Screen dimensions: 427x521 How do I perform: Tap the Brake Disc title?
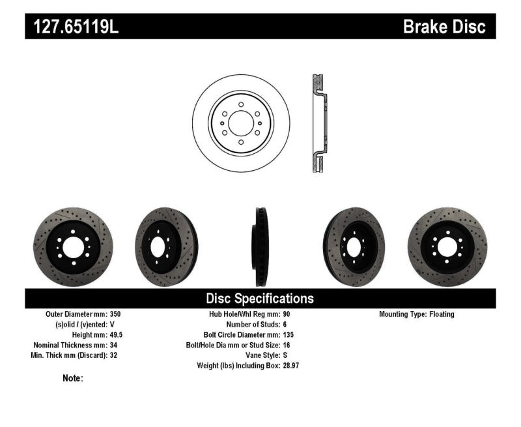click(x=444, y=27)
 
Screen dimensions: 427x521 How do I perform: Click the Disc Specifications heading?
click(x=260, y=299)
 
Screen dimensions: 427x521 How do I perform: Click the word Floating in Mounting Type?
click(x=442, y=314)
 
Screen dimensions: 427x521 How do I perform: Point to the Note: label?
click(x=72, y=378)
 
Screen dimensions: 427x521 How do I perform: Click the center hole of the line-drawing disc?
click(x=240, y=124)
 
